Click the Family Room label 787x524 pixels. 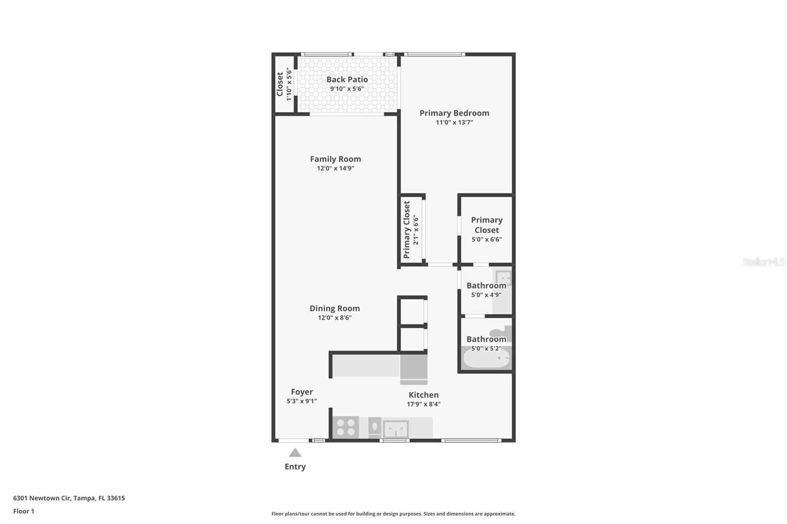[335, 159]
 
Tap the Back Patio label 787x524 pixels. [347, 80]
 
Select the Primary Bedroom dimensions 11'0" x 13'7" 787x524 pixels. [454, 122]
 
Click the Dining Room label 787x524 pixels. [334, 308]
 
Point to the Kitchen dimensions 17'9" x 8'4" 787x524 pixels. [424, 404]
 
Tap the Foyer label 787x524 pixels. [302, 392]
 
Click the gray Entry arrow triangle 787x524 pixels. [295, 452]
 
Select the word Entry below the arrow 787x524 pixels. [295, 467]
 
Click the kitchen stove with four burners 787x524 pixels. [346, 428]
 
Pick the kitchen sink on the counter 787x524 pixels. [395, 429]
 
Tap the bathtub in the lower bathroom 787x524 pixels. [486, 358]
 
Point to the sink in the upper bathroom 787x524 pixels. [503, 277]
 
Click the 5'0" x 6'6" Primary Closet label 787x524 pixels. [486, 230]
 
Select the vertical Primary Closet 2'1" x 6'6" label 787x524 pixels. [411, 230]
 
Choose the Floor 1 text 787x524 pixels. [24, 511]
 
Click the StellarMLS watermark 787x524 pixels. [764, 262]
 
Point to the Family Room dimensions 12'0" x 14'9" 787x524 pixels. [335, 168]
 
